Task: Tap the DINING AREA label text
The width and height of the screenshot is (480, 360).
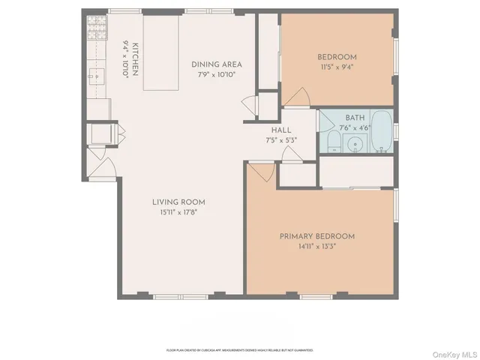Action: (x=216, y=64)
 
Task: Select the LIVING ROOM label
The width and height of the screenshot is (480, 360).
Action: (x=178, y=202)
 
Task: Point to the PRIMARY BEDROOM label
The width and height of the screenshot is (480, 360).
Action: (x=316, y=236)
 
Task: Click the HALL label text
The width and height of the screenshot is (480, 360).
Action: (x=281, y=130)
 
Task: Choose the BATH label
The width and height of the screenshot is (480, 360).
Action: (x=355, y=118)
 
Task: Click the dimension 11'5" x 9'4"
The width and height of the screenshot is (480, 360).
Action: (x=336, y=66)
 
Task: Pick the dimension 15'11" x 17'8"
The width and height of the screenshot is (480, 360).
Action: (x=178, y=212)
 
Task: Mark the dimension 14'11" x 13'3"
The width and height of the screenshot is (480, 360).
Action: (x=316, y=246)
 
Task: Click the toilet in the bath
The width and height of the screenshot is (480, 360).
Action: (x=332, y=143)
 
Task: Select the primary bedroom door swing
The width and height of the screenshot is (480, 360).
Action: (x=260, y=174)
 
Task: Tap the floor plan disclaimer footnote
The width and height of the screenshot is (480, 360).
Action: (x=239, y=349)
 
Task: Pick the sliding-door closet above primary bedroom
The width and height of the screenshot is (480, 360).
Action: (x=356, y=172)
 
